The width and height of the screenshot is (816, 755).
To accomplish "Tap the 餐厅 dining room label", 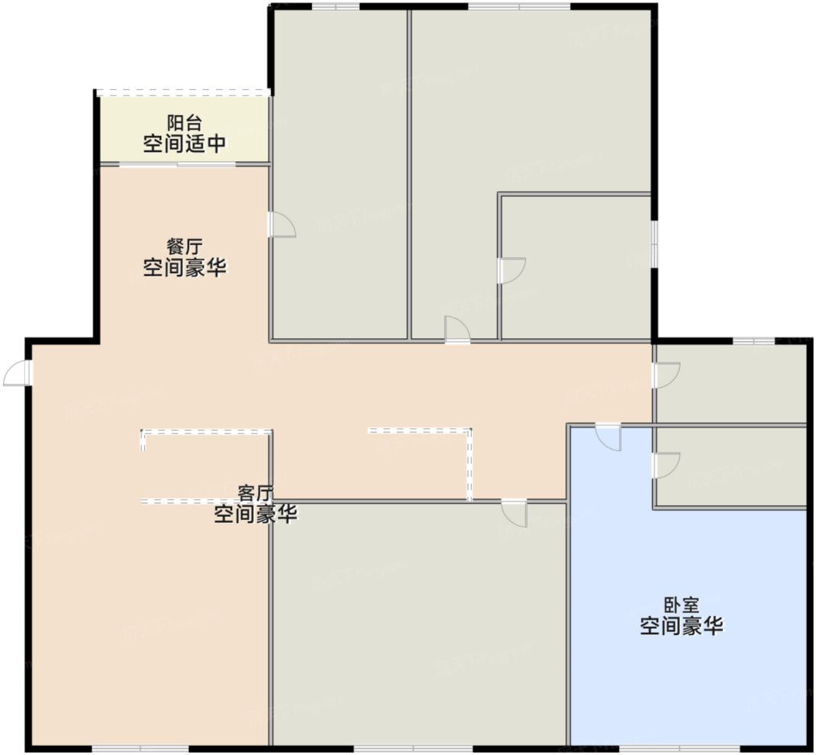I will [185, 247].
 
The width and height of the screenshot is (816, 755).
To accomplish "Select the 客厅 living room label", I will [255, 492].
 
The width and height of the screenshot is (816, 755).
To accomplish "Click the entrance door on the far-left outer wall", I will [18, 373].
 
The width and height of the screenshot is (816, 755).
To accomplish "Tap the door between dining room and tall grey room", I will [281, 224].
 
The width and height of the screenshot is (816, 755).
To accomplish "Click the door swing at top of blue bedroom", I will [609, 436].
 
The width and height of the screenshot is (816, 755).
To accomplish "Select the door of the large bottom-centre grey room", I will [514, 513].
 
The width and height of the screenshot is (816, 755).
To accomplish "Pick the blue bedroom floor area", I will [687, 672].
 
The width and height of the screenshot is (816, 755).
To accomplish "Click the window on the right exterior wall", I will [654, 244].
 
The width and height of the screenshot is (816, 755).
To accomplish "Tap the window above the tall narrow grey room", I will [336, 7].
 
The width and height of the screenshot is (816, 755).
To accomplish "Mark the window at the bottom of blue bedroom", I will [679, 747].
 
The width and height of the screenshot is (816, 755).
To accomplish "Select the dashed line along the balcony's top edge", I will [184, 92].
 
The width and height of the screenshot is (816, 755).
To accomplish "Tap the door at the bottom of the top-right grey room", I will [457, 330].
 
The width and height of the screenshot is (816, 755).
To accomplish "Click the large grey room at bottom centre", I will [420, 626].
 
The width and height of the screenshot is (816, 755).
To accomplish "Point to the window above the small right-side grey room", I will [753, 340].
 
